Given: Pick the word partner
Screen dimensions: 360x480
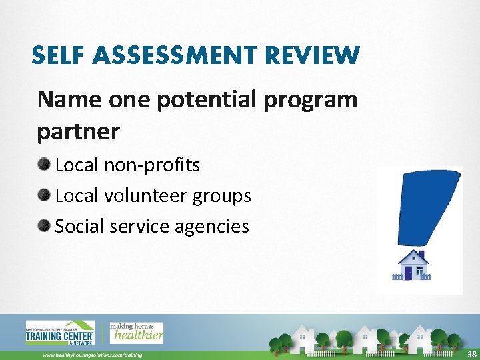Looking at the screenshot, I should pos(79,132).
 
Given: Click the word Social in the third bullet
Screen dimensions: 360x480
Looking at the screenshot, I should pos(79,226).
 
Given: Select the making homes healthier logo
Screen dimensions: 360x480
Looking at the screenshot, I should pos(136,333).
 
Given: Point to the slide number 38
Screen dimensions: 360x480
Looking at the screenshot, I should pos(471,354).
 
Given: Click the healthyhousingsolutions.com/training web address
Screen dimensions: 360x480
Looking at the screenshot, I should pos(93,355).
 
